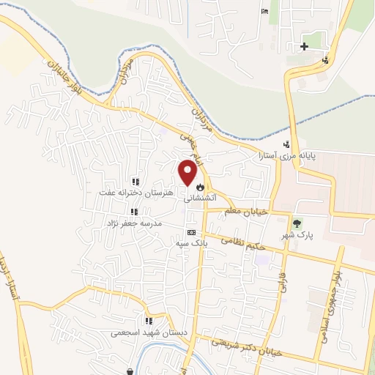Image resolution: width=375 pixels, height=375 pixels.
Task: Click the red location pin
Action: tap(187, 173)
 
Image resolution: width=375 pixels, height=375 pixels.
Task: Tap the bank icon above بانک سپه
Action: tap(192, 232)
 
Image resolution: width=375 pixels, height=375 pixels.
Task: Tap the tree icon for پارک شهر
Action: tap(297, 224)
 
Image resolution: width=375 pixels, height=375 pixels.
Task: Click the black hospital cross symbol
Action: tap(304, 47)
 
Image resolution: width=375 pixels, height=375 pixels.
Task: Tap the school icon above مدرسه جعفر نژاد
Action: tap(134, 212)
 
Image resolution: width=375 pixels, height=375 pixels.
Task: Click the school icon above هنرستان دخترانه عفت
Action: tap(135, 182)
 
